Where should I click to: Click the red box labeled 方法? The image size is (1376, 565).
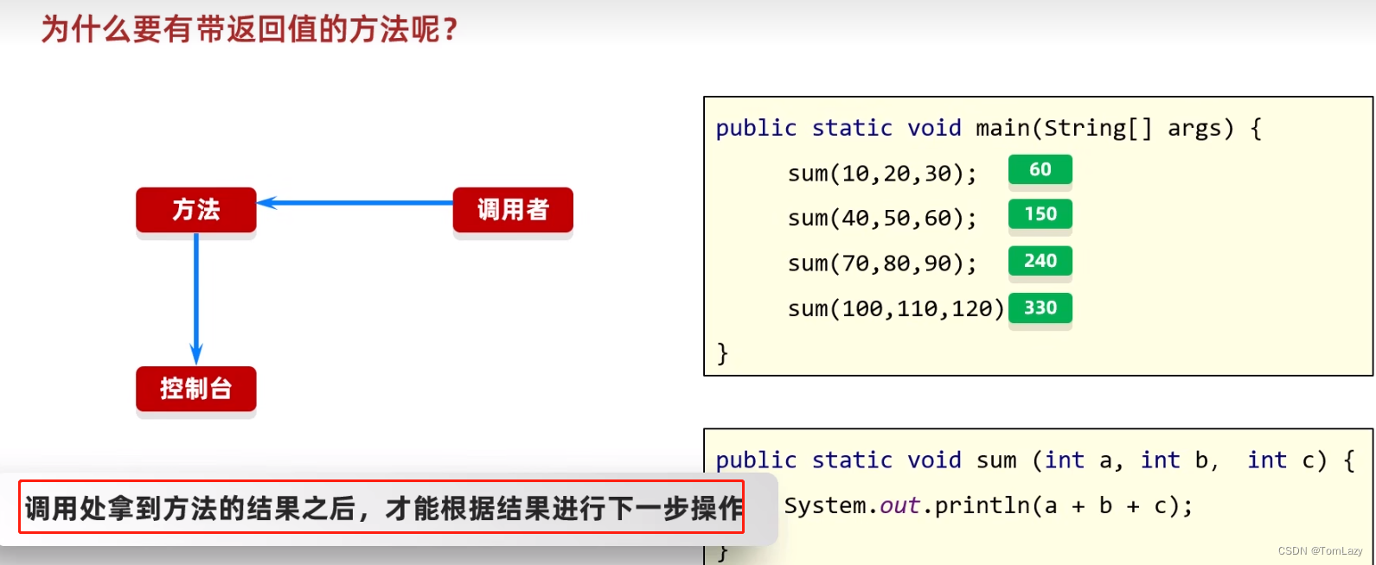pyautogui.click(x=196, y=210)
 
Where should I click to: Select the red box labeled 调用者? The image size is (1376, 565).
pyautogui.click(x=513, y=210)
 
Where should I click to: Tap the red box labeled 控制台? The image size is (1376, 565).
pyautogui.click(x=196, y=389)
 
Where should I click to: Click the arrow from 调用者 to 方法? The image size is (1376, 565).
pyautogui.click(x=355, y=203)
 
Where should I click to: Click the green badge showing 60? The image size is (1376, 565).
pyautogui.click(x=1040, y=170)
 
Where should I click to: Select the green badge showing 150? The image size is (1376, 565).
pyautogui.click(x=1040, y=214)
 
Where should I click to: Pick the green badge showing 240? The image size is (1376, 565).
pyautogui.click(x=1040, y=261)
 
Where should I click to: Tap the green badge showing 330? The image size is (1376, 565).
pyautogui.click(x=1040, y=308)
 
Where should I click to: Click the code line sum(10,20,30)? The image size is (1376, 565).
pyautogui.click(x=882, y=174)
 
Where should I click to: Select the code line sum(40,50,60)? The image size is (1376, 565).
pyautogui.click(x=882, y=219)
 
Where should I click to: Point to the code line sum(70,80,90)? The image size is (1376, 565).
pyautogui.click(x=882, y=263)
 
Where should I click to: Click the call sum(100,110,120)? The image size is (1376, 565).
pyautogui.click(x=896, y=308)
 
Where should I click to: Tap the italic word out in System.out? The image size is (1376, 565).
pyautogui.click(x=899, y=505)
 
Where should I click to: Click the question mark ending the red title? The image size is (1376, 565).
pyautogui.click(x=450, y=30)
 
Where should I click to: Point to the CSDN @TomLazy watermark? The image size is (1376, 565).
pyautogui.click(x=1320, y=551)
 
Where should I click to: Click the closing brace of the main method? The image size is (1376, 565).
pyautogui.click(x=723, y=353)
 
